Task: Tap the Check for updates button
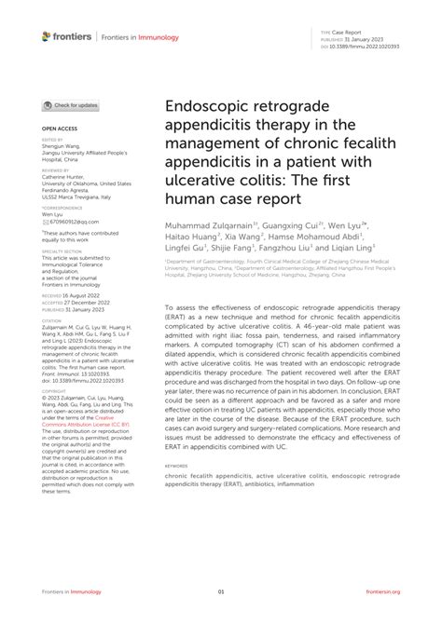(70, 106)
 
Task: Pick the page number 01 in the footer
(221, 590)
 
